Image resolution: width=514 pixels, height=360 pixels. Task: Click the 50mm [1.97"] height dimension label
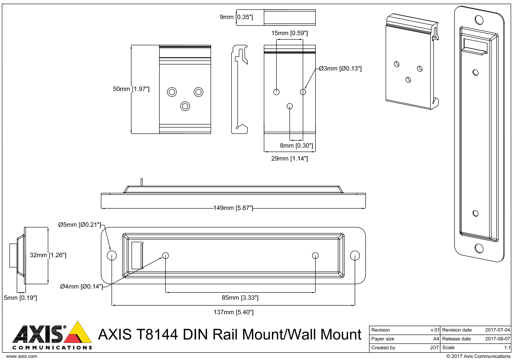pos(131,89)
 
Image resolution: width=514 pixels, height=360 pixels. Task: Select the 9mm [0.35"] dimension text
pos(236,17)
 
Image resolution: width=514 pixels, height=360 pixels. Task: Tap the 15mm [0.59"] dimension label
pos(289,33)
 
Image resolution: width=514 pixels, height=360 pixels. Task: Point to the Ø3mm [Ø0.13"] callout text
pos(340,68)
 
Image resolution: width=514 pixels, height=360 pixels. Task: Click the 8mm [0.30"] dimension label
pos(296,146)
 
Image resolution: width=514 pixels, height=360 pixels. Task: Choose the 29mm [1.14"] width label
pos(289,159)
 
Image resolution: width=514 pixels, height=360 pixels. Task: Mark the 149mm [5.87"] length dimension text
pos(233,208)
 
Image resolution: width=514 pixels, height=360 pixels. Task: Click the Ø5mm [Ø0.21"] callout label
pos(80,225)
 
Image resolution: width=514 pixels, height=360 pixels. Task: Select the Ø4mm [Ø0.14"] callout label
pos(81,286)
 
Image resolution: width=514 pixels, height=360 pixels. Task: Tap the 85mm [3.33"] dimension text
pos(240,298)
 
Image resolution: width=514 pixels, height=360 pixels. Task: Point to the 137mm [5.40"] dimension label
pos(233,312)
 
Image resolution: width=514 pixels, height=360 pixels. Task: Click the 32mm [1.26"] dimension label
pos(48,255)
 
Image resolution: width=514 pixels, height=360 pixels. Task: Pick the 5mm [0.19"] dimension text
pos(20,298)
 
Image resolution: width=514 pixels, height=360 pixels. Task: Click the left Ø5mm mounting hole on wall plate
pos(112,256)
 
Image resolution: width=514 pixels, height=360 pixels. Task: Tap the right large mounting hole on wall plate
pos(355,256)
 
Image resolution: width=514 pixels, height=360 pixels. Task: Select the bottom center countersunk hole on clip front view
pos(185,106)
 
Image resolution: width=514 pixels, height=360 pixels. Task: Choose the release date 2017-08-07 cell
pos(497,339)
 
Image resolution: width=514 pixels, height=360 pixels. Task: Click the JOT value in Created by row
pos(434,347)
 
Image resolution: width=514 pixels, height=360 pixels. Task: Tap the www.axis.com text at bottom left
pos(22,356)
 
